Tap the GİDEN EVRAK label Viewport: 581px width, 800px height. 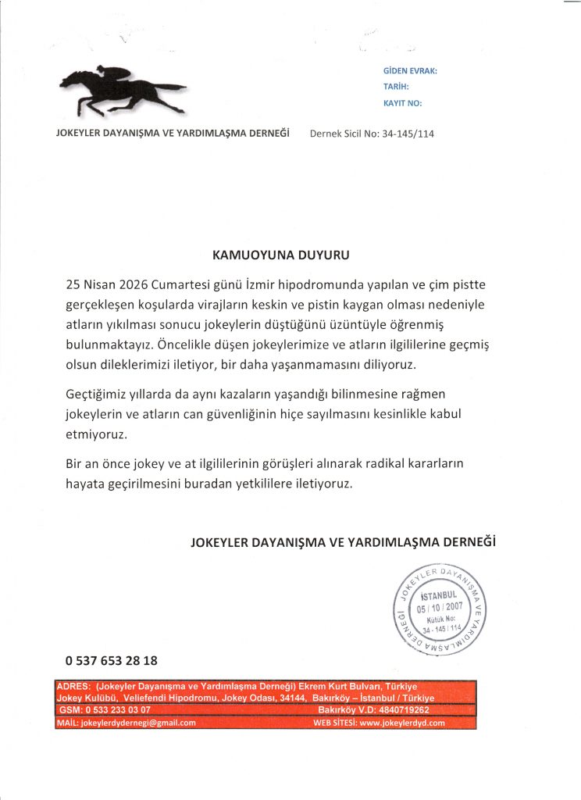410,71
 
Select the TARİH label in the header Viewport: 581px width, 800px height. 396,87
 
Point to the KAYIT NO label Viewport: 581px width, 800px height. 402,103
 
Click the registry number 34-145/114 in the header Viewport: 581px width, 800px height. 408,134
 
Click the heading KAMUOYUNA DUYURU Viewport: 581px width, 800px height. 281,255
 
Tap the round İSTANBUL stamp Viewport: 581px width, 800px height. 441,609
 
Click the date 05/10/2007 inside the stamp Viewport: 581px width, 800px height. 441,609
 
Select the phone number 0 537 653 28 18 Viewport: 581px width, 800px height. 112,660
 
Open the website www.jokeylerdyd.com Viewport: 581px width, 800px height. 401,723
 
